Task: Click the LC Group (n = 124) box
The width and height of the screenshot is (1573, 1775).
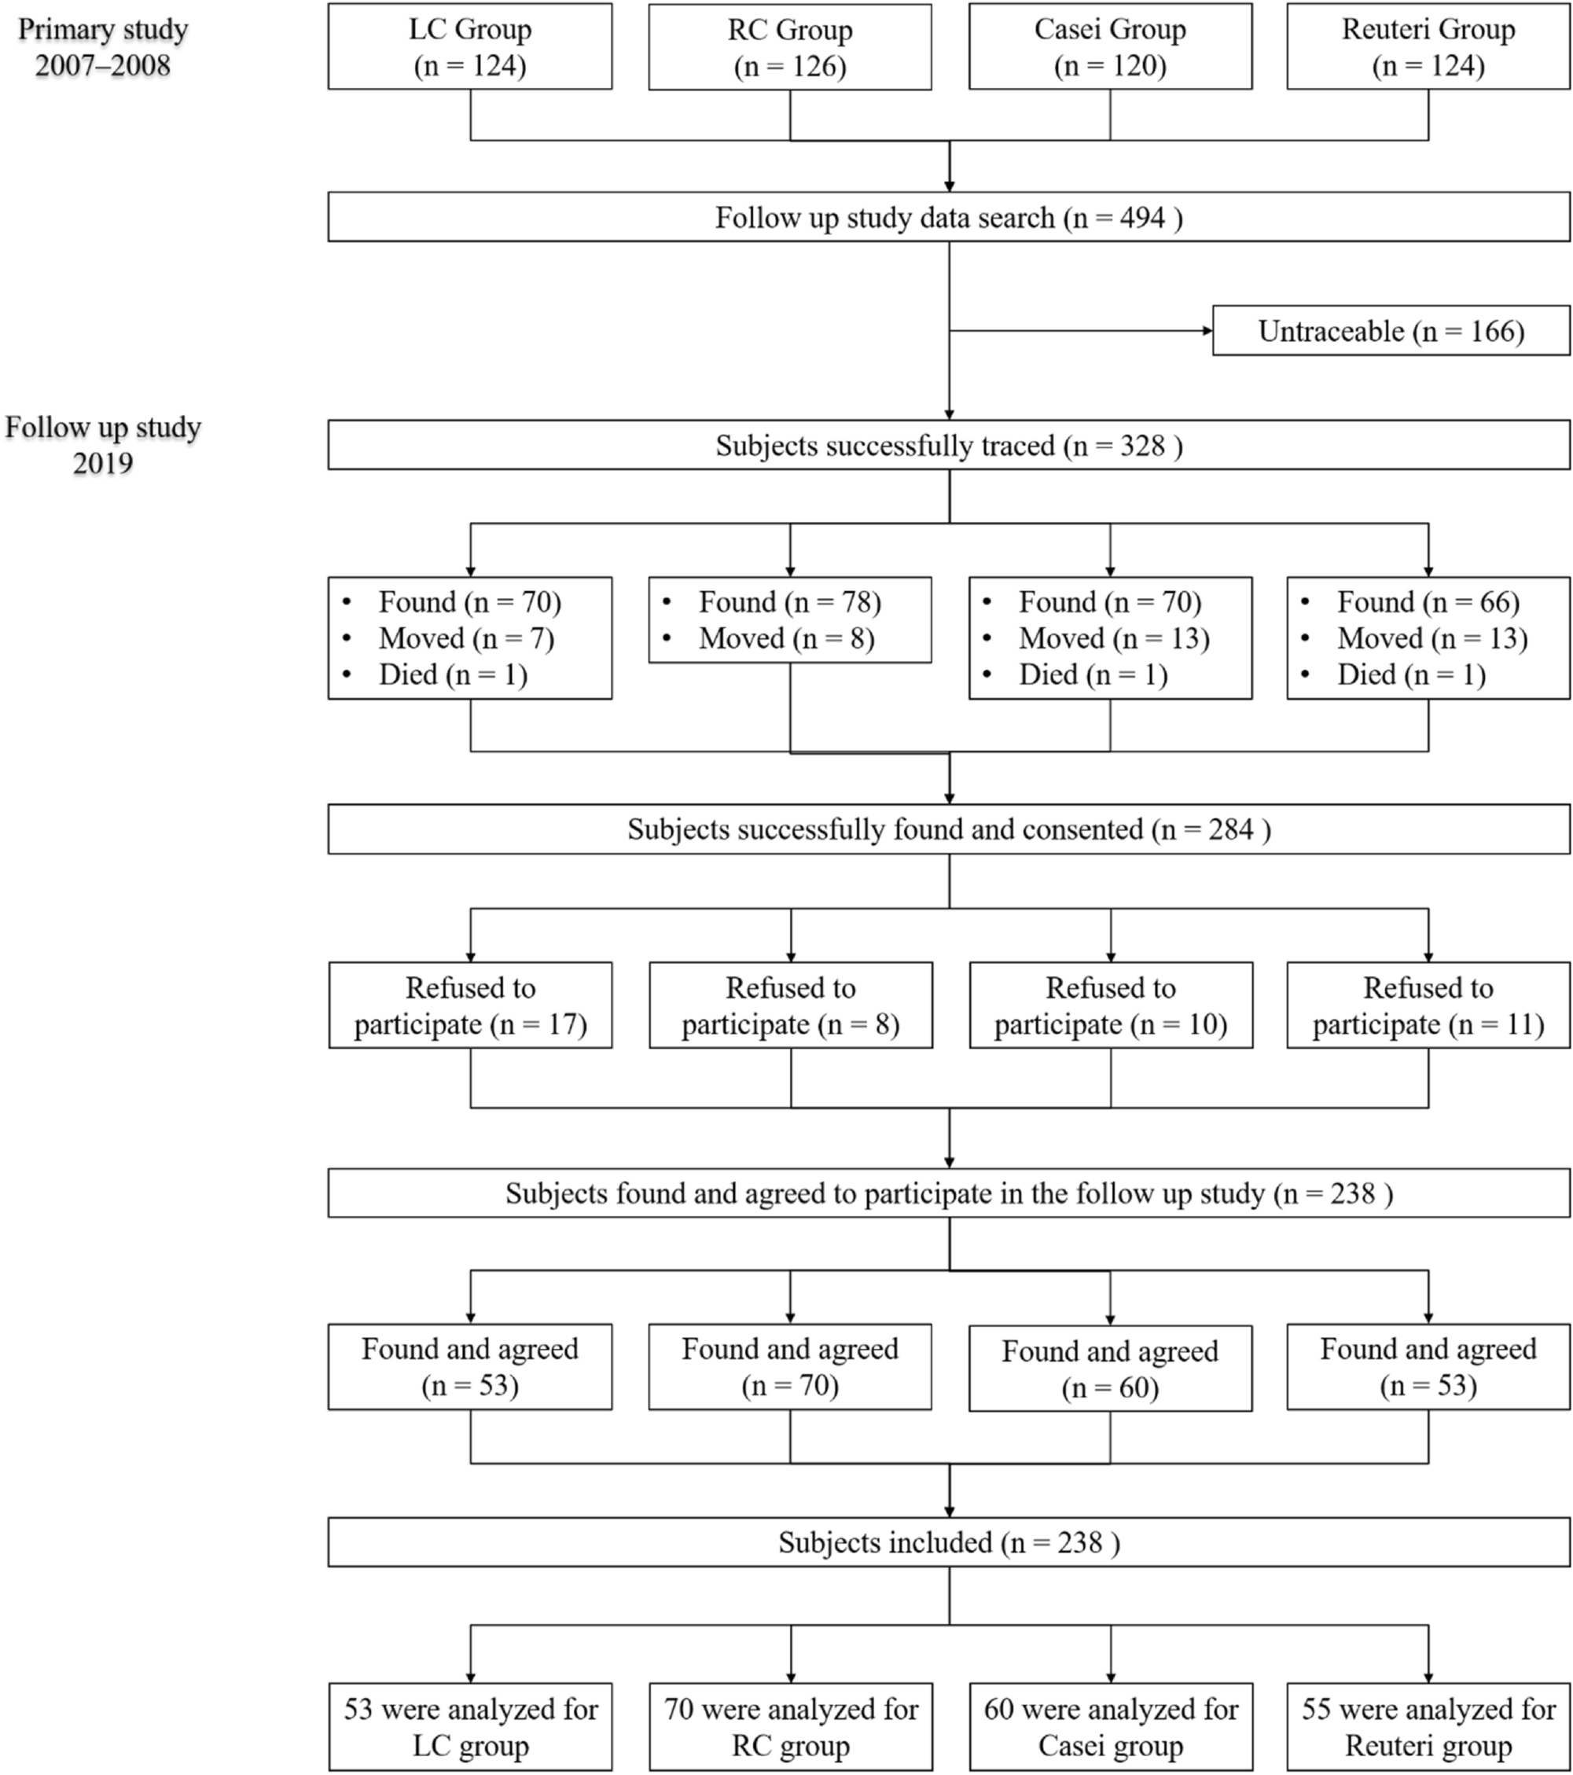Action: [x=470, y=47]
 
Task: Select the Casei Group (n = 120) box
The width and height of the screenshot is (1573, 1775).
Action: [x=1110, y=47]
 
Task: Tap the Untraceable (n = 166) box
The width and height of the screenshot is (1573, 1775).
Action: [x=1391, y=331]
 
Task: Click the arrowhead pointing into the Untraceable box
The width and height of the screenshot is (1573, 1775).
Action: [x=1207, y=331]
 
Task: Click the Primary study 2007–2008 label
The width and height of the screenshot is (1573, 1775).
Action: [x=102, y=48]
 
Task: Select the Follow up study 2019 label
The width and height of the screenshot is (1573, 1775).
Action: [x=102, y=445]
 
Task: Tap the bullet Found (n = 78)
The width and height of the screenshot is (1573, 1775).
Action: [x=788, y=603]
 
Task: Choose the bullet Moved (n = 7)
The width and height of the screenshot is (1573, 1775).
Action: [x=465, y=639]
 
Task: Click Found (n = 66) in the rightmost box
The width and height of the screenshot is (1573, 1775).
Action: [x=1427, y=603]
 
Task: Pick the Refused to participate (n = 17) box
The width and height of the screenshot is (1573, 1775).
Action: [x=470, y=1005]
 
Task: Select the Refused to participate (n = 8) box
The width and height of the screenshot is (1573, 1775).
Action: [x=790, y=1005]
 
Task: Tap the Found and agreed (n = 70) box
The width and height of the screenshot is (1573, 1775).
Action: [x=789, y=1367]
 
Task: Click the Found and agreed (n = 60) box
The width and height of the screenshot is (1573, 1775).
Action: [x=1110, y=1369]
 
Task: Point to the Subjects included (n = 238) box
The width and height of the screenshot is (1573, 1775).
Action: [x=949, y=1543]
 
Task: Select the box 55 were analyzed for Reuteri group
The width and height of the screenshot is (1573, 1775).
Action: [x=1428, y=1727]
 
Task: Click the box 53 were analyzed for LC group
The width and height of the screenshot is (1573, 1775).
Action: [x=470, y=1727]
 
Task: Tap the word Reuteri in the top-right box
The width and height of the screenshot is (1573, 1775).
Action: [x=1384, y=30]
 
